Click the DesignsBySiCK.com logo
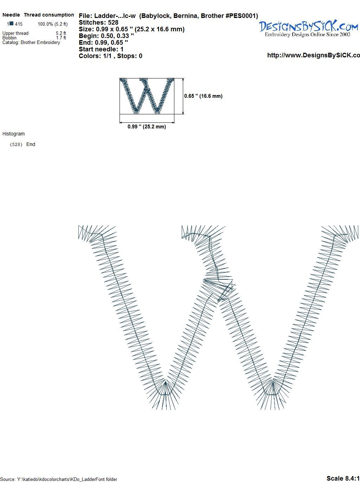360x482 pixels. (x=308, y=28)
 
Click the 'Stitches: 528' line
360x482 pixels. (x=98, y=23)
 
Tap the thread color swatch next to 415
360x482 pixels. (x=12, y=24)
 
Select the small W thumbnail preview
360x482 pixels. (x=147, y=96)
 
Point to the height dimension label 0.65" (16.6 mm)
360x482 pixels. (x=203, y=96)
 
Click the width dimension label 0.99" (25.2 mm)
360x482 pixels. (x=147, y=127)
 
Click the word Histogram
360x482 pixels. (x=13, y=134)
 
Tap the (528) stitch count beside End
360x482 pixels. (x=16, y=145)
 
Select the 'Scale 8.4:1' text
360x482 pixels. (x=343, y=478)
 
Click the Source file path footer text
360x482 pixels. (x=59, y=479)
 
